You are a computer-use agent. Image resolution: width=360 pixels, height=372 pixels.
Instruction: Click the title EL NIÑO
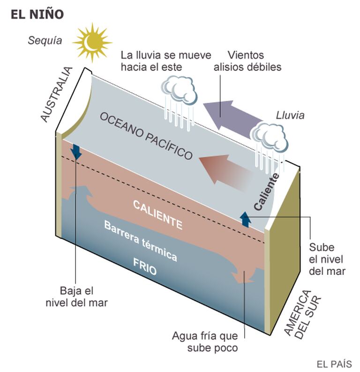point(37,14)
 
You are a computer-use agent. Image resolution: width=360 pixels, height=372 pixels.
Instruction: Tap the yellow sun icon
point(92,43)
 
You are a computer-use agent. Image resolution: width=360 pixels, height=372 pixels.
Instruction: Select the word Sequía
point(45,40)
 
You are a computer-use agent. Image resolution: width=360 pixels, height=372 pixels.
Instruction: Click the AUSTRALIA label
point(56,94)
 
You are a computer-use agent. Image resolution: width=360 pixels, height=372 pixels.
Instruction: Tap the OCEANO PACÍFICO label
point(146,136)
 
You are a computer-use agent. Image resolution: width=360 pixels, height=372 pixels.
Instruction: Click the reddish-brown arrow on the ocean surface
point(225,172)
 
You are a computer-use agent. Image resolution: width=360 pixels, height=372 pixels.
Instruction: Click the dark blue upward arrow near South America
point(246,219)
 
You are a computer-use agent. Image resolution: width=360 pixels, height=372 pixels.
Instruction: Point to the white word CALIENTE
point(158,214)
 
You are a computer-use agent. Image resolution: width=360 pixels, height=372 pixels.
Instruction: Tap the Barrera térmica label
point(141,241)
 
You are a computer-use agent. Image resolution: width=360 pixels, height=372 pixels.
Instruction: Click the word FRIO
point(145,266)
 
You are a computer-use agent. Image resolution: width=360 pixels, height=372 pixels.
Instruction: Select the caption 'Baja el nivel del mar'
point(76,296)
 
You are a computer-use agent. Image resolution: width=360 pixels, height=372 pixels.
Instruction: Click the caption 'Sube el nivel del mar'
point(327,259)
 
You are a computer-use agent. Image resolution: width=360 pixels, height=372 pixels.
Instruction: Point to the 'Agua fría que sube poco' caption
point(205,342)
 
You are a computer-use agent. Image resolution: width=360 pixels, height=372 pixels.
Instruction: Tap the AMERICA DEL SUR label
point(302,314)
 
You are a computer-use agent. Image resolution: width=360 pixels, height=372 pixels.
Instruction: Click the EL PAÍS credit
point(334,364)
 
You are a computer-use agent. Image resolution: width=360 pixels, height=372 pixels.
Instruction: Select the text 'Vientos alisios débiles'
point(247,61)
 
